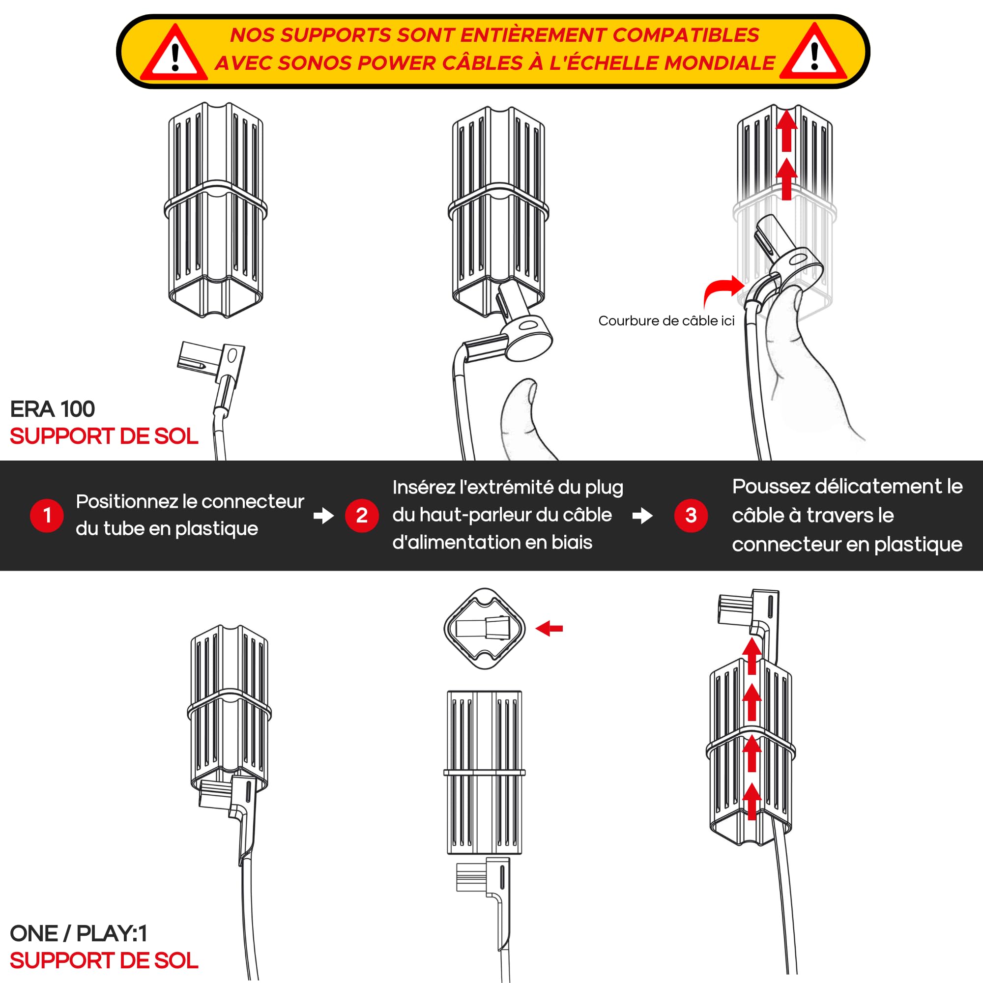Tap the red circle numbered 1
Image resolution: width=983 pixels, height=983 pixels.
[x=47, y=516]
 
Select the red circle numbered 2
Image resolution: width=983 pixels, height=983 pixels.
[x=362, y=516]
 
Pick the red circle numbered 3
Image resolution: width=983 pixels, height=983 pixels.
[x=691, y=516]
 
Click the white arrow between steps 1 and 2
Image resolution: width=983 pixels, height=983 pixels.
[x=323, y=516]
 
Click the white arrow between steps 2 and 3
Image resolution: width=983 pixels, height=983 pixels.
[x=642, y=516]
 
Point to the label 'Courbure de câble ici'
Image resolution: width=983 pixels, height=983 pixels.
[x=666, y=320]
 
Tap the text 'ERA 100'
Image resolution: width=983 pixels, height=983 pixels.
[x=53, y=409]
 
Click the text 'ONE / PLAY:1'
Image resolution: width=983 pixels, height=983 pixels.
[x=79, y=934]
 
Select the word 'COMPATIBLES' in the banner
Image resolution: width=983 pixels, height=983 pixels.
[x=685, y=35]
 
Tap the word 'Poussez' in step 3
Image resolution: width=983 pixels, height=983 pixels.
[x=771, y=487]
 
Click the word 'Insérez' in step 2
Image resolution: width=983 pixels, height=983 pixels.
[x=424, y=488]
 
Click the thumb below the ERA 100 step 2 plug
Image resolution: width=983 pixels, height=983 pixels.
[x=524, y=417]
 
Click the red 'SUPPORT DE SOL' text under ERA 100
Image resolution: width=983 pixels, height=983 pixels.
[x=104, y=436]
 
